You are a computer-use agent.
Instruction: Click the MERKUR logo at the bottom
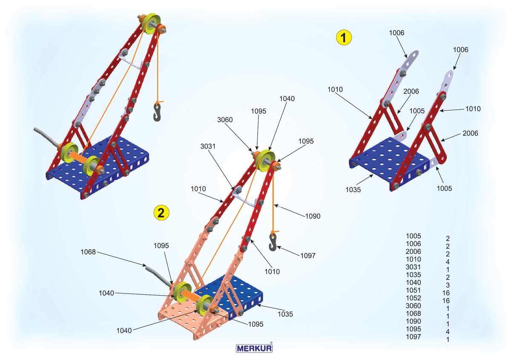(x=254, y=348)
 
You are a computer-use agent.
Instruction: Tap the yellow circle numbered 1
(x=344, y=37)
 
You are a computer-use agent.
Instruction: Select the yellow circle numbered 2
(x=161, y=213)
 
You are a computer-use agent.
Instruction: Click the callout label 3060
(x=225, y=120)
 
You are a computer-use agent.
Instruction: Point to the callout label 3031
(x=208, y=146)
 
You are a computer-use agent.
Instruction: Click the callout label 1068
(x=88, y=252)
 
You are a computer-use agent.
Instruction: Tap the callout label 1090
(x=313, y=216)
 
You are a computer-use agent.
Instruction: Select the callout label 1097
(x=308, y=256)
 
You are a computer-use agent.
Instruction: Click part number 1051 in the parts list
(x=413, y=291)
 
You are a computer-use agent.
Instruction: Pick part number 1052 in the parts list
(x=413, y=298)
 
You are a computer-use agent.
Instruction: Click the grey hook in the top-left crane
(x=157, y=112)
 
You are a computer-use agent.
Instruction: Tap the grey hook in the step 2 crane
(x=273, y=242)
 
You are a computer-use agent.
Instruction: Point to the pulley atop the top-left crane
(x=151, y=23)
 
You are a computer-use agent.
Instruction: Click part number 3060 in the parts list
(x=413, y=306)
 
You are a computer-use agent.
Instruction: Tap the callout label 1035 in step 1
(x=353, y=190)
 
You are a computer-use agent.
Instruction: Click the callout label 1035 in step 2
(x=285, y=314)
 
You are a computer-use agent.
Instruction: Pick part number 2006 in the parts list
(x=413, y=251)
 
